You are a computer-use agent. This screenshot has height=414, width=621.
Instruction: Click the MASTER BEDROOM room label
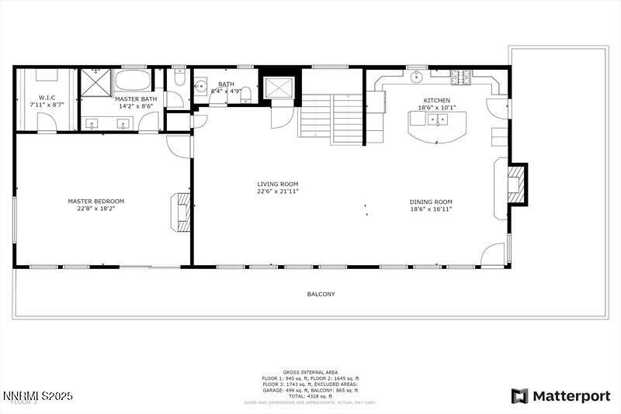95,201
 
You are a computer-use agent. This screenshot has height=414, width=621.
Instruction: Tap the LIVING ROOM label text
278,185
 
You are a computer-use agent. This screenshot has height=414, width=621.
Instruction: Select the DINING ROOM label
431,202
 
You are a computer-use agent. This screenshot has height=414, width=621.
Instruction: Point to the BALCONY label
321,294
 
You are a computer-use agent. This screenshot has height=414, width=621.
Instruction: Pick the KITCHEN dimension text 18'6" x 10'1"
437,108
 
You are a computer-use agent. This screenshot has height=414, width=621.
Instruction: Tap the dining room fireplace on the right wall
515,185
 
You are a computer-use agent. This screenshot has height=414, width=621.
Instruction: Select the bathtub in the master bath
134,81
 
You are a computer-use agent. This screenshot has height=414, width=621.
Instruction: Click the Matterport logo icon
519,396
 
